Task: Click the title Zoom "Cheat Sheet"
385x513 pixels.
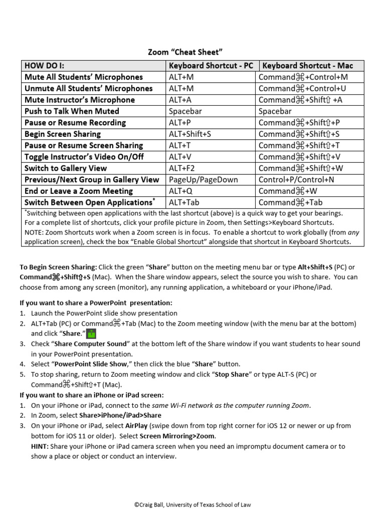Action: pos(184,52)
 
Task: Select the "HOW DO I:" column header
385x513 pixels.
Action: pos(45,66)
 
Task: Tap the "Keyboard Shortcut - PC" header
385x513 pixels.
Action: pos(211,66)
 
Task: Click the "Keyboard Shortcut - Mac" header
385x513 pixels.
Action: pos(308,66)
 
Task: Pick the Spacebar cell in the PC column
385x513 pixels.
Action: pos(185,111)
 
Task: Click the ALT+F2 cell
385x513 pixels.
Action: pos(181,168)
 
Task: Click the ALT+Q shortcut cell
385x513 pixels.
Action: pos(180,191)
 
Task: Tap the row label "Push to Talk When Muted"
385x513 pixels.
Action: pos(72,111)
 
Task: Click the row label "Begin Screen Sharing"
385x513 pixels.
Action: pos(63,134)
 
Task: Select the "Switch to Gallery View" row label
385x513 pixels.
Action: pos(66,168)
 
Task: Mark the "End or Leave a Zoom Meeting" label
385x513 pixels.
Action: pos(79,191)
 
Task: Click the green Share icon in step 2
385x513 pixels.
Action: pos(91,334)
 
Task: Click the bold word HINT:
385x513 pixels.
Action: pos(40,446)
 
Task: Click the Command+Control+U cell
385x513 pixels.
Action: pos(303,88)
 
